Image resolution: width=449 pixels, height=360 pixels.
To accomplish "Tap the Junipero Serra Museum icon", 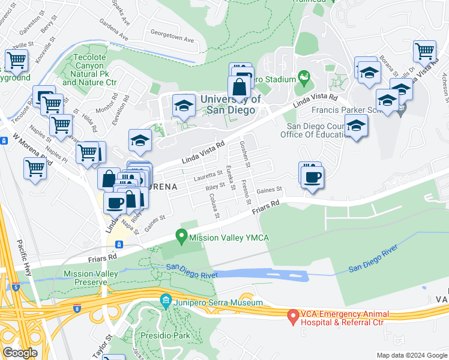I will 165,300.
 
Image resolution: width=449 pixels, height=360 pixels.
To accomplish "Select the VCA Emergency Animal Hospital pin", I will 293,315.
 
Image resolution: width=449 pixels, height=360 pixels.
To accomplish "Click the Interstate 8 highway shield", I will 77,308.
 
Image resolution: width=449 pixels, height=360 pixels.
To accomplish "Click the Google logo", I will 20,353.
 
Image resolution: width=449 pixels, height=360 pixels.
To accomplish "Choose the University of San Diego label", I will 231,105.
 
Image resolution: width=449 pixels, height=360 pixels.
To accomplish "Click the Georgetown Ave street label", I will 172,37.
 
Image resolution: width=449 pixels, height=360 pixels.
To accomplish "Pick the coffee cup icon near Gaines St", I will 312,177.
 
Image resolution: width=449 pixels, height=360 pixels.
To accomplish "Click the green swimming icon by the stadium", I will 304,78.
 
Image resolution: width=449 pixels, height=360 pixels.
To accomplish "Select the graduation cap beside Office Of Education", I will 356,126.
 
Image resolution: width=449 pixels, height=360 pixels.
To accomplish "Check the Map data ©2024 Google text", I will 411,355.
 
